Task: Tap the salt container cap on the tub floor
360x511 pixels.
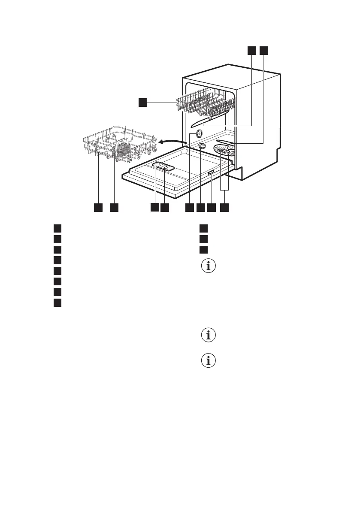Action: click(202, 147)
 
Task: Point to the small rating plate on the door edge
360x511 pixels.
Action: click(211, 172)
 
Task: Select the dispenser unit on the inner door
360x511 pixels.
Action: click(163, 167)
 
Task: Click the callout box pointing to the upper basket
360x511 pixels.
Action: click(142, 102)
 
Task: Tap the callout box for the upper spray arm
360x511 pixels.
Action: click(251, 51)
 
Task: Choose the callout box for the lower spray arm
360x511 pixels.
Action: click(263, 51)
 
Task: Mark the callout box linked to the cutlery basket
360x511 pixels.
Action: click(114, 208)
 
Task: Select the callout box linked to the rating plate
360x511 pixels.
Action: click(212, 208)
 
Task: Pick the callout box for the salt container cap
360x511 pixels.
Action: click(201, 208)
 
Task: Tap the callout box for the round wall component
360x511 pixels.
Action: click(189, 208)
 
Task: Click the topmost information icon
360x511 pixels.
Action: click(209, 266)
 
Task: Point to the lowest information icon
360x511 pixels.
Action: click(209, 361)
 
